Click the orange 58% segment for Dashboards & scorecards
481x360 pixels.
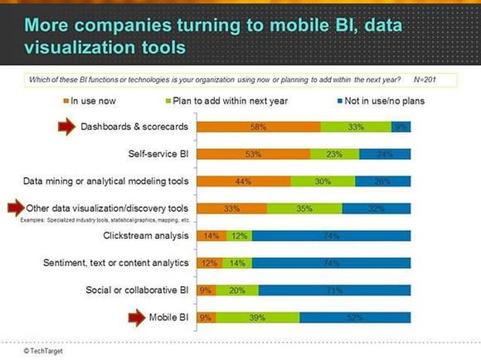258,127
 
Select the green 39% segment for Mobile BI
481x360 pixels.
258,317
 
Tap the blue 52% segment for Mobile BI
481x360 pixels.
355,317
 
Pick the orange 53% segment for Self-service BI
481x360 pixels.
253,154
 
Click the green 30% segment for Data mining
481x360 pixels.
323,182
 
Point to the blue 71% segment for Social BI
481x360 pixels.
335,290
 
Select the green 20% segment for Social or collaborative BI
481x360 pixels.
237,290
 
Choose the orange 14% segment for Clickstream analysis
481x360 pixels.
211,236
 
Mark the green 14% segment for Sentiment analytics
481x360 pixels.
237,263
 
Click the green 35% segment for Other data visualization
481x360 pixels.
305,209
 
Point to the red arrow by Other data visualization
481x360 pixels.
16,208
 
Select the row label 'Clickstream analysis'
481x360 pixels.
146,236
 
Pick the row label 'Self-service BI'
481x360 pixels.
158,154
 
